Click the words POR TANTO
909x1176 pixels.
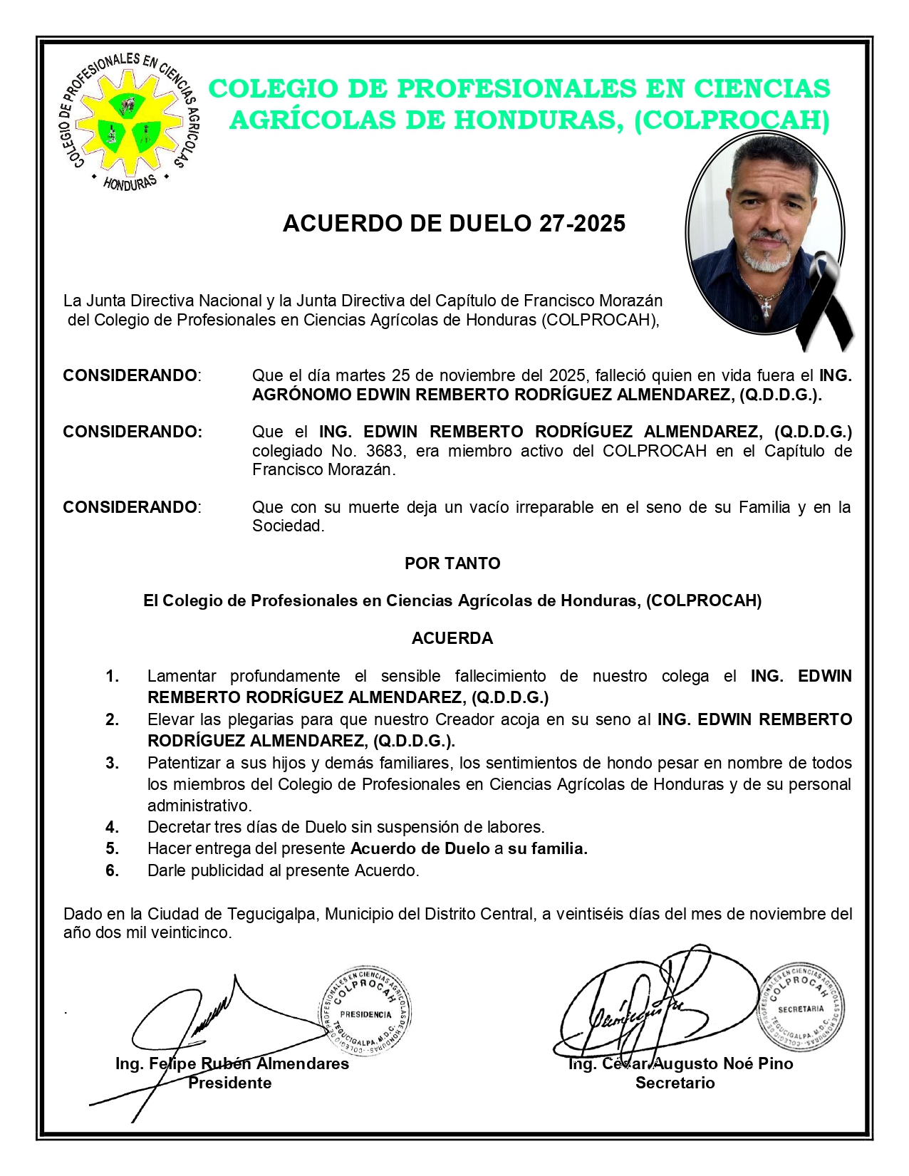pos(452,563)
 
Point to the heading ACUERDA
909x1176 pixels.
pos(452,638)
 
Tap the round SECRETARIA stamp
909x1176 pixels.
pos(801,1008)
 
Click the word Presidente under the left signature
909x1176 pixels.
pos(229,1083)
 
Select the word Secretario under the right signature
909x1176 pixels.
pos(675,1083)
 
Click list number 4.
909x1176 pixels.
pos(113,827)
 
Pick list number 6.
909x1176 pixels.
pos(113,870)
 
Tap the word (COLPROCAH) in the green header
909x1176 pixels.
pos(732,120)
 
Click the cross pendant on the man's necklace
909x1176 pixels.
pos(766,308)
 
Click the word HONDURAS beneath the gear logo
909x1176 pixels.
pos(130,183)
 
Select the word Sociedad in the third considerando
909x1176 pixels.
pos(288,526)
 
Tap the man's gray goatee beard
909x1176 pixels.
pos(765,256)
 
